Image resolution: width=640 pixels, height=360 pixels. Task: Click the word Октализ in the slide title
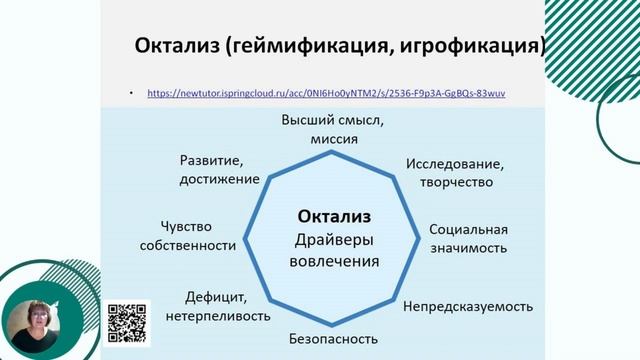(x=179, y=46)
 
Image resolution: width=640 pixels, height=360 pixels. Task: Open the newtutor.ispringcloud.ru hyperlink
(x=326, y=93)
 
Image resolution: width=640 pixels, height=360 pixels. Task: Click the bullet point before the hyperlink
(x=132, y=93)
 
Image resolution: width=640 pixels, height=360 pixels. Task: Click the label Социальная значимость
(x=468, y=238)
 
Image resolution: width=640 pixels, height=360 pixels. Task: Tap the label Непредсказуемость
(x=468, y=306)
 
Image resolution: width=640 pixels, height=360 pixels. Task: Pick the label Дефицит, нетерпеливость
(x=227, y=306)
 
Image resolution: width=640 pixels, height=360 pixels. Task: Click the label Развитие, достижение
(x=219, y=169)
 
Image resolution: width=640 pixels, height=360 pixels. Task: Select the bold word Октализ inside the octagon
(x=334, y=216)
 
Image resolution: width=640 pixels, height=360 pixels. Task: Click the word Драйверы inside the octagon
(x=334, y=239)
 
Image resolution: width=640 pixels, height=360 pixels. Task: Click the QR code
(x=127, y=322)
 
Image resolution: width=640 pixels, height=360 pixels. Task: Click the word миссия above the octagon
(x=334, y=140)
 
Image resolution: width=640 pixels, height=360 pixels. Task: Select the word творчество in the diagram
(x=454, y=182)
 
